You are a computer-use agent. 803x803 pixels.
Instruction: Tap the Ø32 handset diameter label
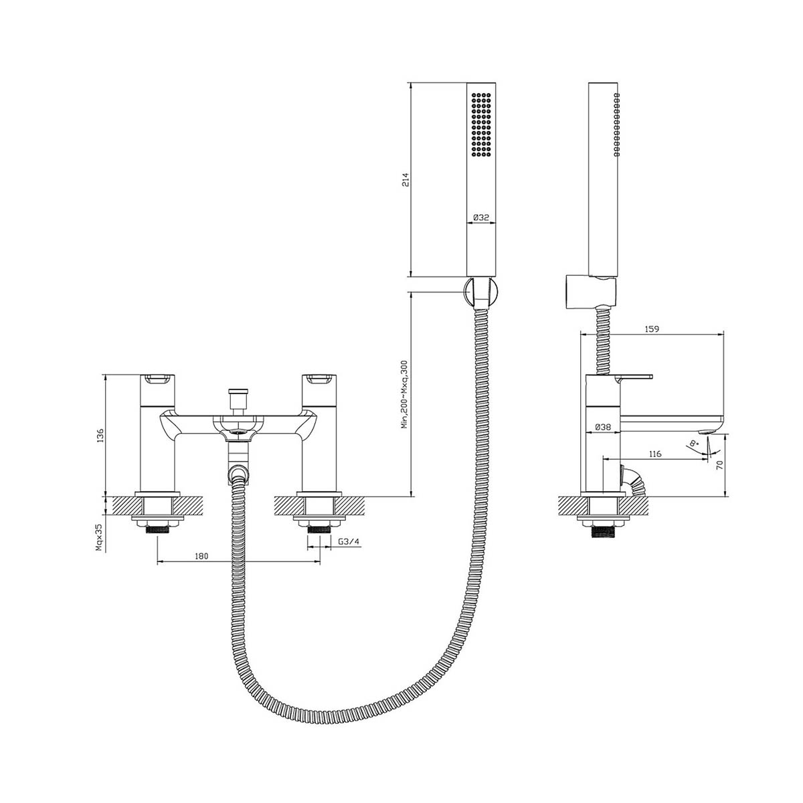click(x=482, y=217)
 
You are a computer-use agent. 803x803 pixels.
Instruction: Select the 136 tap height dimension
click(x=100, y=435)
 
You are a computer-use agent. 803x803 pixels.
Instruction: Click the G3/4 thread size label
click(x=347, y=541)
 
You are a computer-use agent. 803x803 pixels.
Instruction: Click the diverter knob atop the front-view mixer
click(x=234, y=395)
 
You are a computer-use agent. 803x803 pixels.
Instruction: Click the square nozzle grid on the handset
click(x=482, y=125)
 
